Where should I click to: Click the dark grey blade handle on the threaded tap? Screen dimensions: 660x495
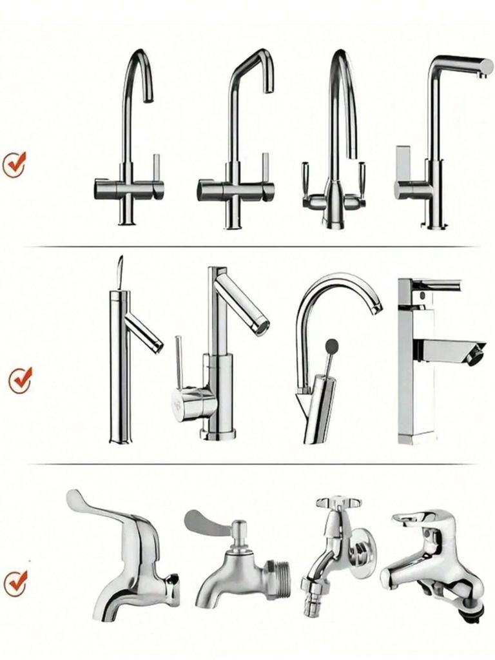(x=205, y=523)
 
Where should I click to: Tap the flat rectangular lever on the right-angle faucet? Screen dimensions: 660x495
(x=403, y=164)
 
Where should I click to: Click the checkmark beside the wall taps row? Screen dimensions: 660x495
(x=15, y=583)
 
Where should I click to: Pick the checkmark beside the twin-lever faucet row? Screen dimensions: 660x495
(x=14, y=164)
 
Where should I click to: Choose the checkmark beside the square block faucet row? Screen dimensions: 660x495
(x=20, y=380)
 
